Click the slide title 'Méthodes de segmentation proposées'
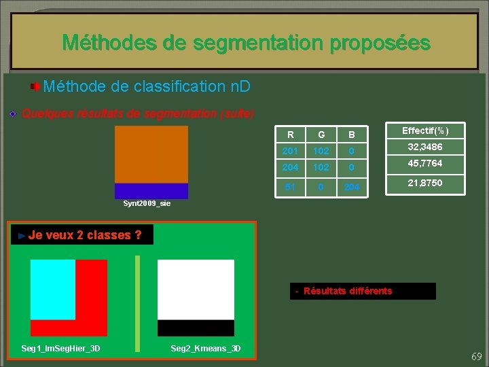tap(246, 43)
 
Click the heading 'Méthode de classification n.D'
tap(146, 86)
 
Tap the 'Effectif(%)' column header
tap(425, 130)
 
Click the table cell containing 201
tap(291, 150)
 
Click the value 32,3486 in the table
tap(425, 147)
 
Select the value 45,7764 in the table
tap(425, 164)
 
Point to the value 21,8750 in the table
tap(425, 183)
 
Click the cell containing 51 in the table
tap(291, 187)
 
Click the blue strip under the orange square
tap(151, 191)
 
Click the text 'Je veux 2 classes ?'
tap(85, 235)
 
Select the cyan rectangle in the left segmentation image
tap(52, 289)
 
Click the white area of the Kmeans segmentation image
tap(196, 290)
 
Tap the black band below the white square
tap(196, 328)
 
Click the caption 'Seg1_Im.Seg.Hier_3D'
tap(60, 349)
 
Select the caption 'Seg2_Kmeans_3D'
tap(205, 349)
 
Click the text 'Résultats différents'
tap(348, 291)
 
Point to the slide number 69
tap(476, 356)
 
